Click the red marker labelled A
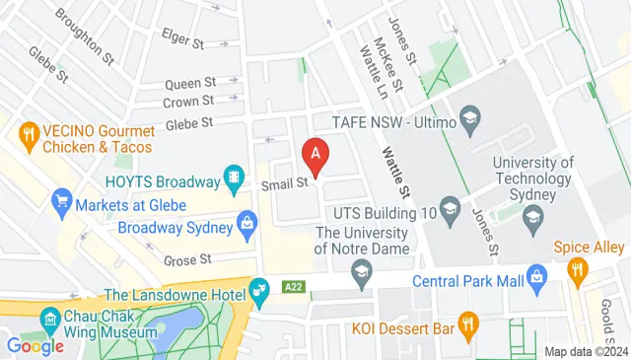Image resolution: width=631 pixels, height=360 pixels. pyautogui.click(x=315, y=155)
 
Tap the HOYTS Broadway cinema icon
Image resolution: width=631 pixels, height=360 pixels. pyautogui.click(x=235, y=178)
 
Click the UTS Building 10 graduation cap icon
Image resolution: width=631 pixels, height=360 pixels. pyautogui.click(x=451, y=208)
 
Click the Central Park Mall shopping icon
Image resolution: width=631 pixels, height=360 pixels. pyautogui.click(x=536, y=274)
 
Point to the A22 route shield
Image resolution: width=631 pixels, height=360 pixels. pyautogui.click(x=292, y=286)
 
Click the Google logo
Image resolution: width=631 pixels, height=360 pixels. pyautogui.click(x=35, y=345)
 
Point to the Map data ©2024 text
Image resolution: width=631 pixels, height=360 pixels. pyautogui.click(x=586, y=352)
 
